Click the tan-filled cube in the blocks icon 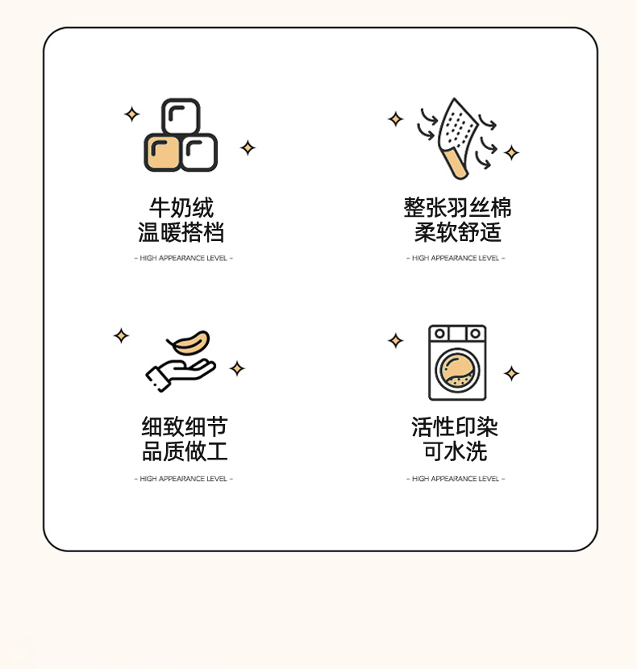point(162,152)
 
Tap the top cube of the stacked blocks point(181,117)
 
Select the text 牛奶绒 point(181,208)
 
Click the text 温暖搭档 point(181,232)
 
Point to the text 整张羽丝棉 point(457,208)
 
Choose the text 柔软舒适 point(457,232)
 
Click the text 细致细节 point(185,426)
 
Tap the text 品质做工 point(185,451)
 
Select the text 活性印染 point(455,426)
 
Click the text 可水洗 point(455,451)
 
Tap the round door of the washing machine point(457,370)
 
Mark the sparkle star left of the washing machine point(396,340)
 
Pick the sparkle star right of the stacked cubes point(248,148)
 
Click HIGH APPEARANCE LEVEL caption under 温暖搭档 point(184,258)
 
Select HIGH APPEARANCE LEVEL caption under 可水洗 point(456,479)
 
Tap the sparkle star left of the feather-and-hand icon point(121,336)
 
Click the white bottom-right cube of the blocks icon point(199,152)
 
